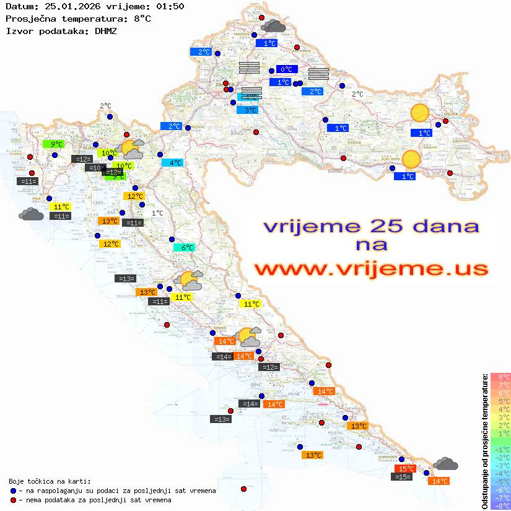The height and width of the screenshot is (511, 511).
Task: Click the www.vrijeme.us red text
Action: [371, 269]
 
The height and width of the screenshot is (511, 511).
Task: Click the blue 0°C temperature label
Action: [287, 69]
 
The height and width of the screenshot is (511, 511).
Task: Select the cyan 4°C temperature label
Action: [172, 163]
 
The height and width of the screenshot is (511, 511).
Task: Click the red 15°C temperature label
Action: [405, 469]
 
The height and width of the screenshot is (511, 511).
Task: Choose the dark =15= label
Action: [402, 477]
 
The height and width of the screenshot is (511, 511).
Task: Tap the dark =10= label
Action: [95, 168]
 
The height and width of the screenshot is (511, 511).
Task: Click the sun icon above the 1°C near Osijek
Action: [420, 113]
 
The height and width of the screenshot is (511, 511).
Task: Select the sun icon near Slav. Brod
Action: [411, 160]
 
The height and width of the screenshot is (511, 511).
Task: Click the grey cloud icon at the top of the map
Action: [273, 26]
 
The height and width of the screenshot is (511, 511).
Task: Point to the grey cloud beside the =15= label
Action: [445, 463]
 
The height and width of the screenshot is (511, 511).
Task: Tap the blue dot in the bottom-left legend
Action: [14, 491]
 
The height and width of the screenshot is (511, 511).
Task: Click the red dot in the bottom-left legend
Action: [14, 500]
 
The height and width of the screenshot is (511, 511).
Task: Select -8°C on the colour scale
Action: [500, 505]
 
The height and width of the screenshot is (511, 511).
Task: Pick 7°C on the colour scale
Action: [500, 385]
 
